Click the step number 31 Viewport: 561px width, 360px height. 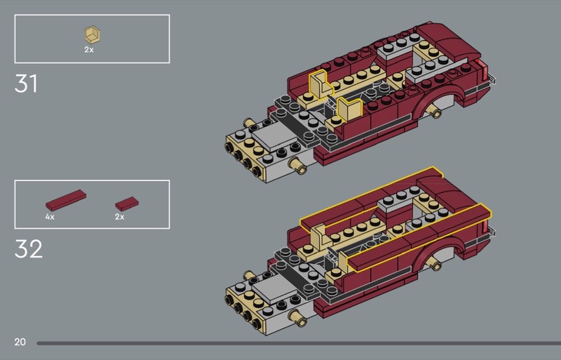click(26, 84)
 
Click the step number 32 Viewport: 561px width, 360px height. click(28, 248)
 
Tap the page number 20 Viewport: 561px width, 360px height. click(20, 342)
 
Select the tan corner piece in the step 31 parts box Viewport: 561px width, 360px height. click(92, 35)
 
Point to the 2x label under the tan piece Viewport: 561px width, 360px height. click(89, 50)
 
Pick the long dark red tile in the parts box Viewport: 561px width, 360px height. click(66, 199)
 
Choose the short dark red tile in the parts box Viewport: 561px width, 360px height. click(127, 204)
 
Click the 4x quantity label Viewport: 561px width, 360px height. click(50, 217)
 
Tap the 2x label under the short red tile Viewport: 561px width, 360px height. click(119, 217)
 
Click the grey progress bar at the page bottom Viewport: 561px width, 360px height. click(299, 343)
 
